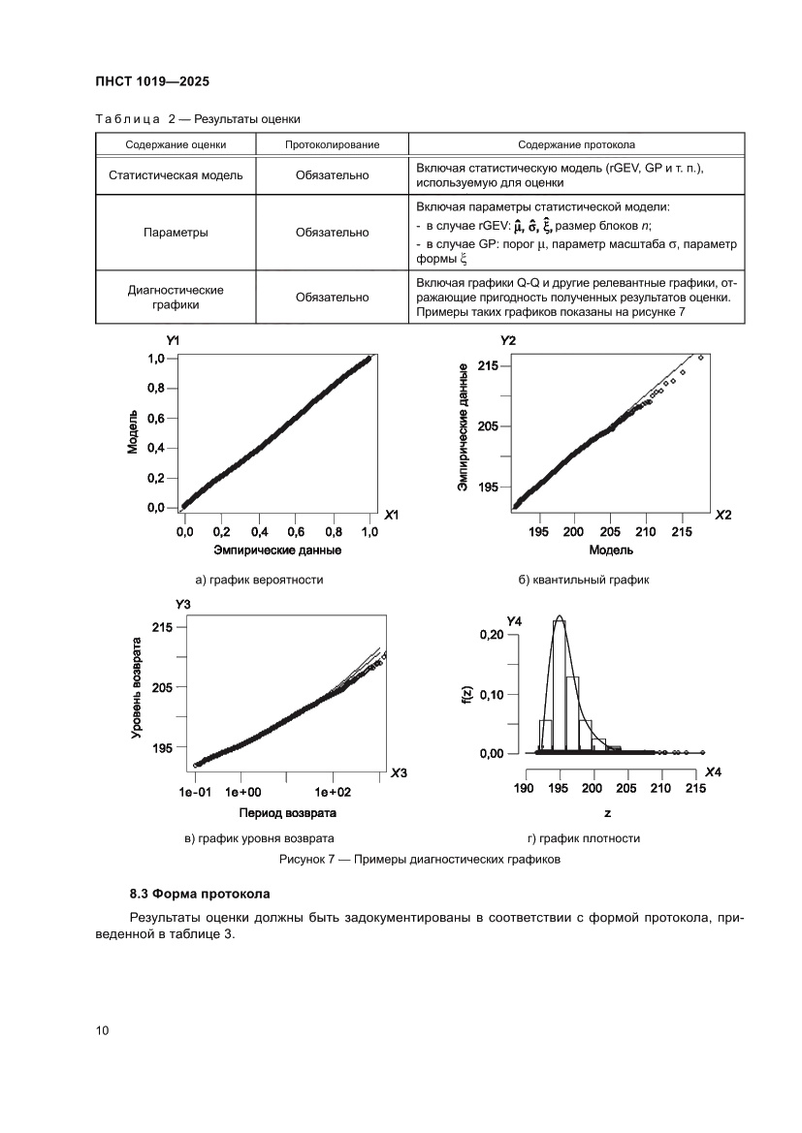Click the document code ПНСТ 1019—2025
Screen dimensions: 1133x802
pyautogui.click(x=152, y=81)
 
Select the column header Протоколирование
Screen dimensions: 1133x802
pyautogui.click(x=332, y=144)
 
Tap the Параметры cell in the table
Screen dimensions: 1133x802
pyautogui.click(x=176, y=233)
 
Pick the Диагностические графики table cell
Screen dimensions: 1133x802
pyautogui.click(x=176, y=297)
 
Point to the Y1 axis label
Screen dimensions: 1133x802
pyautogui.click(x=173, y=341)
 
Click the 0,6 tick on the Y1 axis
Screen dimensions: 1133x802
pyautogui.click(x=156, y=418)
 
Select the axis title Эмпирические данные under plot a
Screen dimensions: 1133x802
pyautogui.click(x=278, y=551)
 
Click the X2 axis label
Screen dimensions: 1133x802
pyautogui.click(x=723, y=515)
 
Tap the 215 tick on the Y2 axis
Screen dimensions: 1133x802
pyautogui.click(x=487, y=366)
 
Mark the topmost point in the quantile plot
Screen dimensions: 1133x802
pyautogui.click(x=700, y=358)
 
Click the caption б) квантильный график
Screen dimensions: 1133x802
pyautogui.click(x=583, y=581)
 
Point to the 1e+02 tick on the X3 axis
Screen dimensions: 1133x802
pyautogui.click(x=332, y=791)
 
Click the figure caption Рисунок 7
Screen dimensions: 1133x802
pyautogui.click(x=420, y=860)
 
